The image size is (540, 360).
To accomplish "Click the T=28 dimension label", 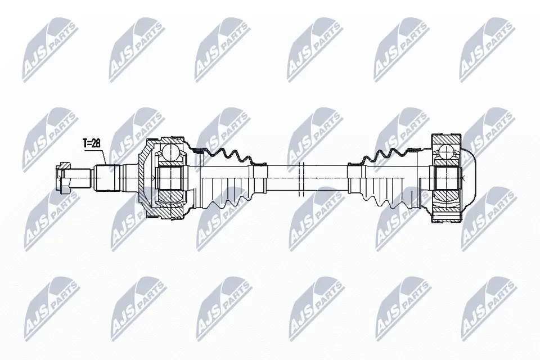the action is click(91, 143).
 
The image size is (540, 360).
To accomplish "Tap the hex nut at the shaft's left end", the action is click(64, 178).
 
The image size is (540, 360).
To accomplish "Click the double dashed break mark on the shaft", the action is click(302, 178).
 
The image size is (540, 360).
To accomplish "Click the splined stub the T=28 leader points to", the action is click(107, 178).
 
